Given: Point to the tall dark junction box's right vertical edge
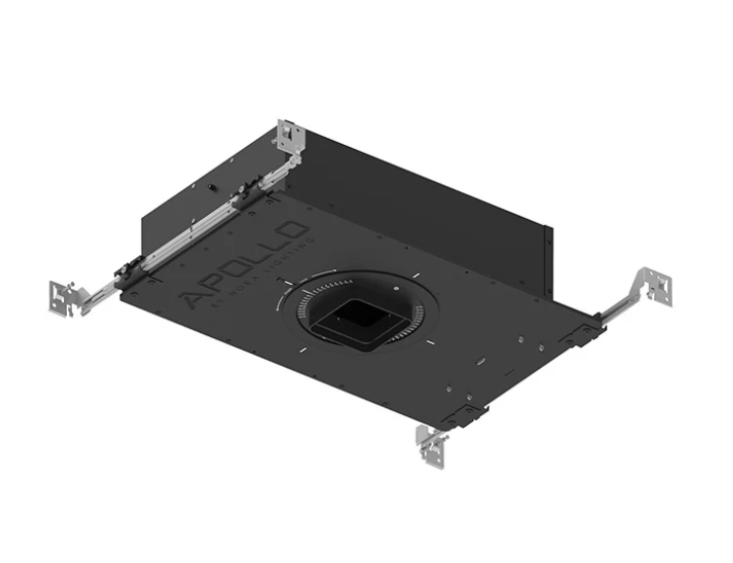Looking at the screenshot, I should [x=549, y=258].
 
